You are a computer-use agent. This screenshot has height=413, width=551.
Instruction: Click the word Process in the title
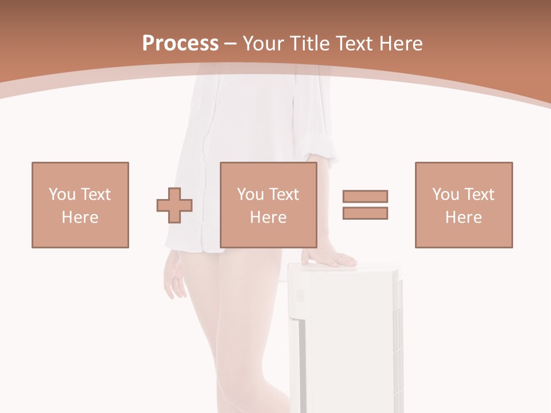(x=180, y=44)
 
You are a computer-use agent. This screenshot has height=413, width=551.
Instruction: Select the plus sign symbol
(x=174, y=205)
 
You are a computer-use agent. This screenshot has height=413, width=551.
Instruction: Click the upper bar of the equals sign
(x=366, y=196)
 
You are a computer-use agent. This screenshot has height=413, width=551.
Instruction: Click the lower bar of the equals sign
(x=366, y=213)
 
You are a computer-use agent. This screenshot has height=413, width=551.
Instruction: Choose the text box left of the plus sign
(x=80, y=205)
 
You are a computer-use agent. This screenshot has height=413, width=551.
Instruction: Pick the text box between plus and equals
(x=269, y=205)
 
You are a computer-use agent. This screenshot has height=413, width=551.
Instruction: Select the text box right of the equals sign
(x=464, y=205)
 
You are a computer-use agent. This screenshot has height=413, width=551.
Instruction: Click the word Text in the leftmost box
(x=95, y=194)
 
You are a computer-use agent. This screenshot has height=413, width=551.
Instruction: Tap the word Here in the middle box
(x=269, y=217)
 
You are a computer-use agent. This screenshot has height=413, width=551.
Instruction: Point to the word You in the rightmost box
(x=445, y=194)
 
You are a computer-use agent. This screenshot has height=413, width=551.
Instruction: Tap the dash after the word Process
(x=230, y=44)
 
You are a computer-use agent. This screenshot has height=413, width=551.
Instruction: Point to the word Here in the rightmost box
(x=464, y=217)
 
